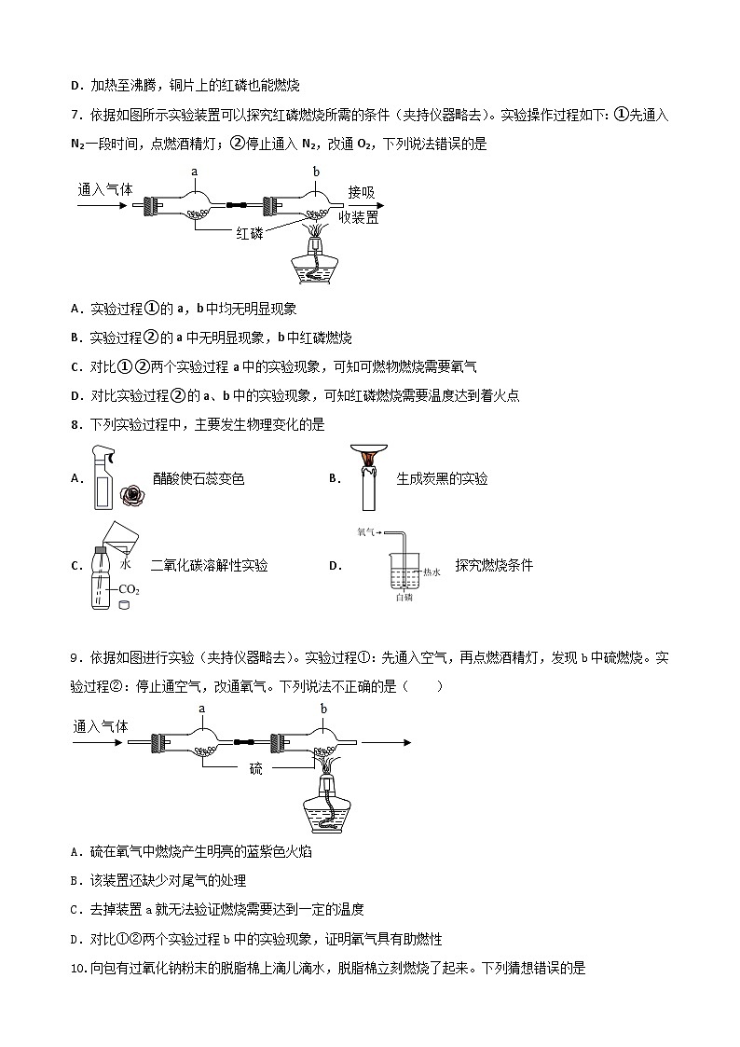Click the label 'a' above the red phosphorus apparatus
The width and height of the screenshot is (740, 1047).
click(x=195, y=172)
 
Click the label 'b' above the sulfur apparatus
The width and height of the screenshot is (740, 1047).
click(x=316, y=172)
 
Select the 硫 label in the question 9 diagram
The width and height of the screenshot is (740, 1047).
click(x=255, y=769)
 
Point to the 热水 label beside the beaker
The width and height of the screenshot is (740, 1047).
click(x=431, y=572)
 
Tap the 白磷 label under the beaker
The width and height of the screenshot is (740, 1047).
click(x=403, y=598)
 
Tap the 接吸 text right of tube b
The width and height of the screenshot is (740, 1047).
click(x=362, y=192)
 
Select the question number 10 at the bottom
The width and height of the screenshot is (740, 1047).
click(x=77, y=969)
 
